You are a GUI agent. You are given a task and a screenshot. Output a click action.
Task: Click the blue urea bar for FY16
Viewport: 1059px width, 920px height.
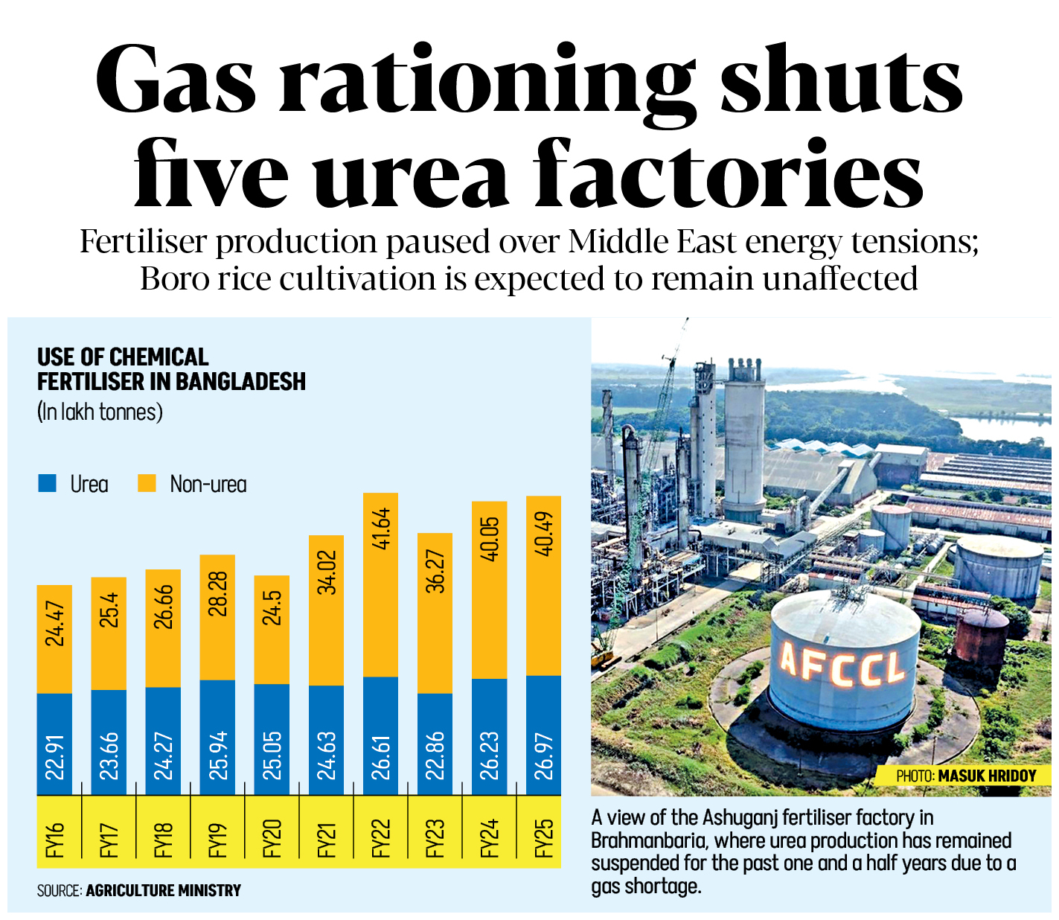54,744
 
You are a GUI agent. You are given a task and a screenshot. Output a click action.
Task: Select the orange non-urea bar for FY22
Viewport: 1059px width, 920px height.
380,584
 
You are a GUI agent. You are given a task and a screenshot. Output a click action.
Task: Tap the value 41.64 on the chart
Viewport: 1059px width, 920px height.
381,528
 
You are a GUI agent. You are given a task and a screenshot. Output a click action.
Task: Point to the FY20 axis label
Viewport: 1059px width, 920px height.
272,838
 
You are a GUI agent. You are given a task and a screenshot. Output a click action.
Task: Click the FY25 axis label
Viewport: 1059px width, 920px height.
544,838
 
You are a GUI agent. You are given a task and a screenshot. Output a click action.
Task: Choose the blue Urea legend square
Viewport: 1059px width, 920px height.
47,484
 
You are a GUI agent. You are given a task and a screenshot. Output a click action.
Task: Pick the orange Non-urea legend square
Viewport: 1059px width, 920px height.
147,484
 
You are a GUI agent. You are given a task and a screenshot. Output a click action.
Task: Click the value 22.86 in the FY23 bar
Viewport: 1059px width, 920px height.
435,756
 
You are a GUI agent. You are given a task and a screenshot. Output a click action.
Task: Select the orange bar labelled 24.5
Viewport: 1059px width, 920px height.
272,629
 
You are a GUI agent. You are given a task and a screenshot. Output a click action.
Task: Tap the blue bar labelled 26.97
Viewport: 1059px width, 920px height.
543,735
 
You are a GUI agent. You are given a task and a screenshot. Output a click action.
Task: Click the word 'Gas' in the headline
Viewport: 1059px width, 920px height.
176,80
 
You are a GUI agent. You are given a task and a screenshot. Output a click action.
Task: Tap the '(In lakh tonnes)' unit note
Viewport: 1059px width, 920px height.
100,412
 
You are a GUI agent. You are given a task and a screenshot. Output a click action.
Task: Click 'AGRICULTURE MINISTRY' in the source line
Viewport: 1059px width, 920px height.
163,890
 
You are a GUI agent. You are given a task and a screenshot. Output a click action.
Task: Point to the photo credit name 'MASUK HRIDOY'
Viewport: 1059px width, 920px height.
987,776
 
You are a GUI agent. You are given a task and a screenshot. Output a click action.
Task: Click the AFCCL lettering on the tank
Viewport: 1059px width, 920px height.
842,665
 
